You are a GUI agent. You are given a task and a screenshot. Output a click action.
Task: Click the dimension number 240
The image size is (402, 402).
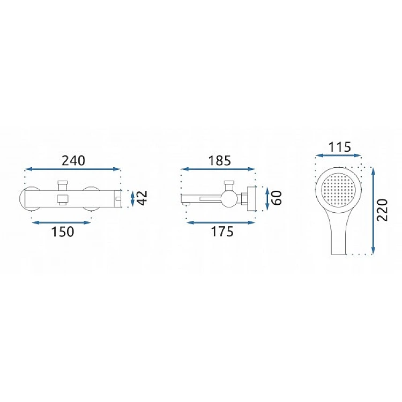tap(73, 161)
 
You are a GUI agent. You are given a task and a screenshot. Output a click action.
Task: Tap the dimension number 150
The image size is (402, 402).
tap(63, 232)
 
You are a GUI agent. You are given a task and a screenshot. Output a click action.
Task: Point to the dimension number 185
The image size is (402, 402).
tap(220, 161)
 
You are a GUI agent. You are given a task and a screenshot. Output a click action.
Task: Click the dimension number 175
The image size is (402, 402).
tap(222, 232)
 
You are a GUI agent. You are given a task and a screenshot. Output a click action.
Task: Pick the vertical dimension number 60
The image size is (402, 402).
tap(277, 198)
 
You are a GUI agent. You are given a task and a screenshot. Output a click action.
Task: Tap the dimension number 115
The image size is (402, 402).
tap(339, 147)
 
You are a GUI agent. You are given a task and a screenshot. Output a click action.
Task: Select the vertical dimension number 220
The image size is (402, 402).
tap(383, 210)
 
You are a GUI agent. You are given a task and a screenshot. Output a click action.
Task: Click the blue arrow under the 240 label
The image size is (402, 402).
tap(72, 169)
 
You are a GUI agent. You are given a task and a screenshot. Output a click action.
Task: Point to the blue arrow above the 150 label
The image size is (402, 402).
tap(62, 222)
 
